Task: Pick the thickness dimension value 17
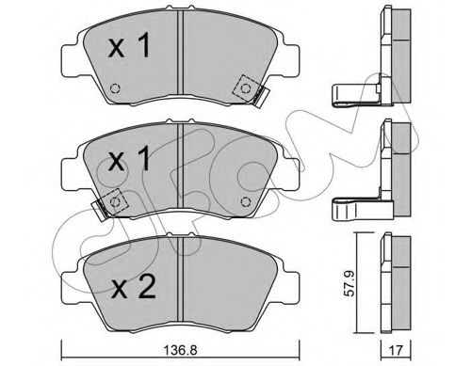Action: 398,348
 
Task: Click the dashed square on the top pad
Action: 247,88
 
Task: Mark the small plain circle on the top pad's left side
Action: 114,89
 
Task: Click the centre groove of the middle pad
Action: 179,174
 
